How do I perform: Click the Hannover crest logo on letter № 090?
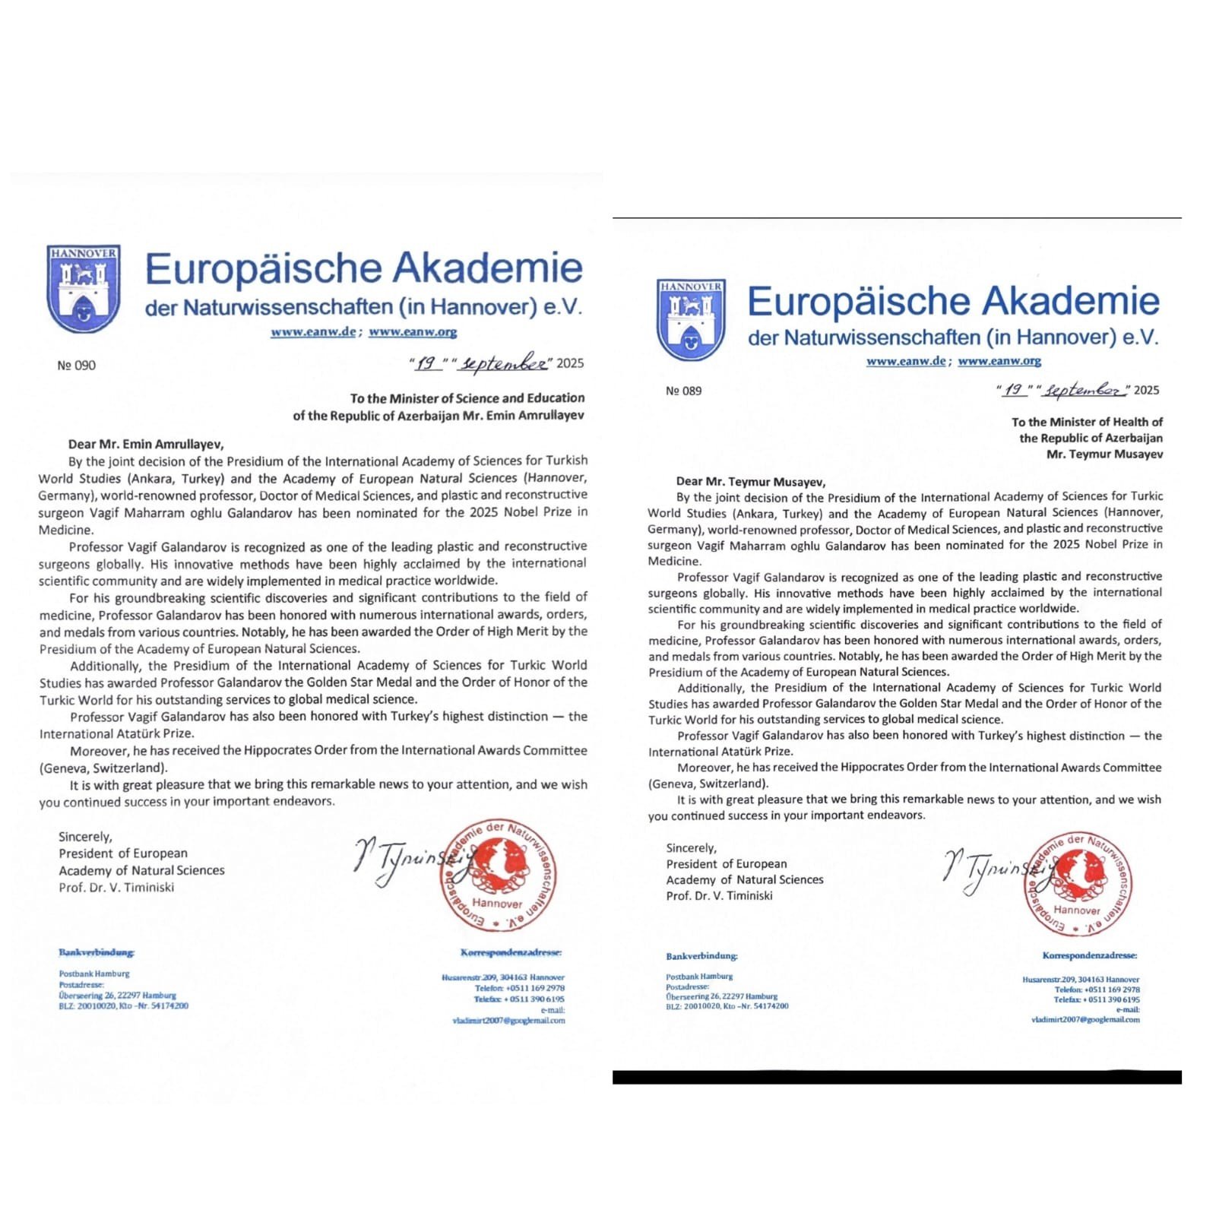pyautogui.click(x=84, y=288)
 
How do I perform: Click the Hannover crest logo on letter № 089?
pyautogui.click(x=691, y=319)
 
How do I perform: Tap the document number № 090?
pyautogui.click(x=77, y=366)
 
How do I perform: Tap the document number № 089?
pyautogui.click(x=684, y=391)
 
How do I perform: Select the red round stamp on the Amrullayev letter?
pyautogui.click(x=498, y=876)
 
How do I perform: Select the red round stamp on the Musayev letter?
pyautogui.click(x=1077, y=884)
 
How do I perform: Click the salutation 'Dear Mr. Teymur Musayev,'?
pyautogui.click(x=751, y=481)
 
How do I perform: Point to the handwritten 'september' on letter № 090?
pyautogui.click(x=503, y=364)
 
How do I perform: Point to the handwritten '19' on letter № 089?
pyautogui.click(x=1013, y=390)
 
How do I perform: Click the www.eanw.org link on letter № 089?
pyautogui.click(x=999, y=361)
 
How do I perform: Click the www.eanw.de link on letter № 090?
pyautogui.click(x=313, y=332)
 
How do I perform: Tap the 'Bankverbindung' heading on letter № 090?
pyautogui.click(x=97, y=952)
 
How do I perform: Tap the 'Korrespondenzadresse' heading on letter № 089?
pyautogui.click(x=1090, y=955)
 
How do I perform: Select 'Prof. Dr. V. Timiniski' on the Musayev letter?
pyautogui.click(x=719, y=896)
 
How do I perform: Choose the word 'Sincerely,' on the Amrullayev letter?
pyautogui.click(x=85, y=837)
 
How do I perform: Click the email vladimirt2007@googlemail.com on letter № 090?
pyautogui.click(x=508, y=1021)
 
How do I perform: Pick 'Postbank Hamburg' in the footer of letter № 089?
pyautogui.click(x=699, y=977)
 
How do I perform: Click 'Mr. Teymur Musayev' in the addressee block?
pyautogui.click(x=1104, y=454)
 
